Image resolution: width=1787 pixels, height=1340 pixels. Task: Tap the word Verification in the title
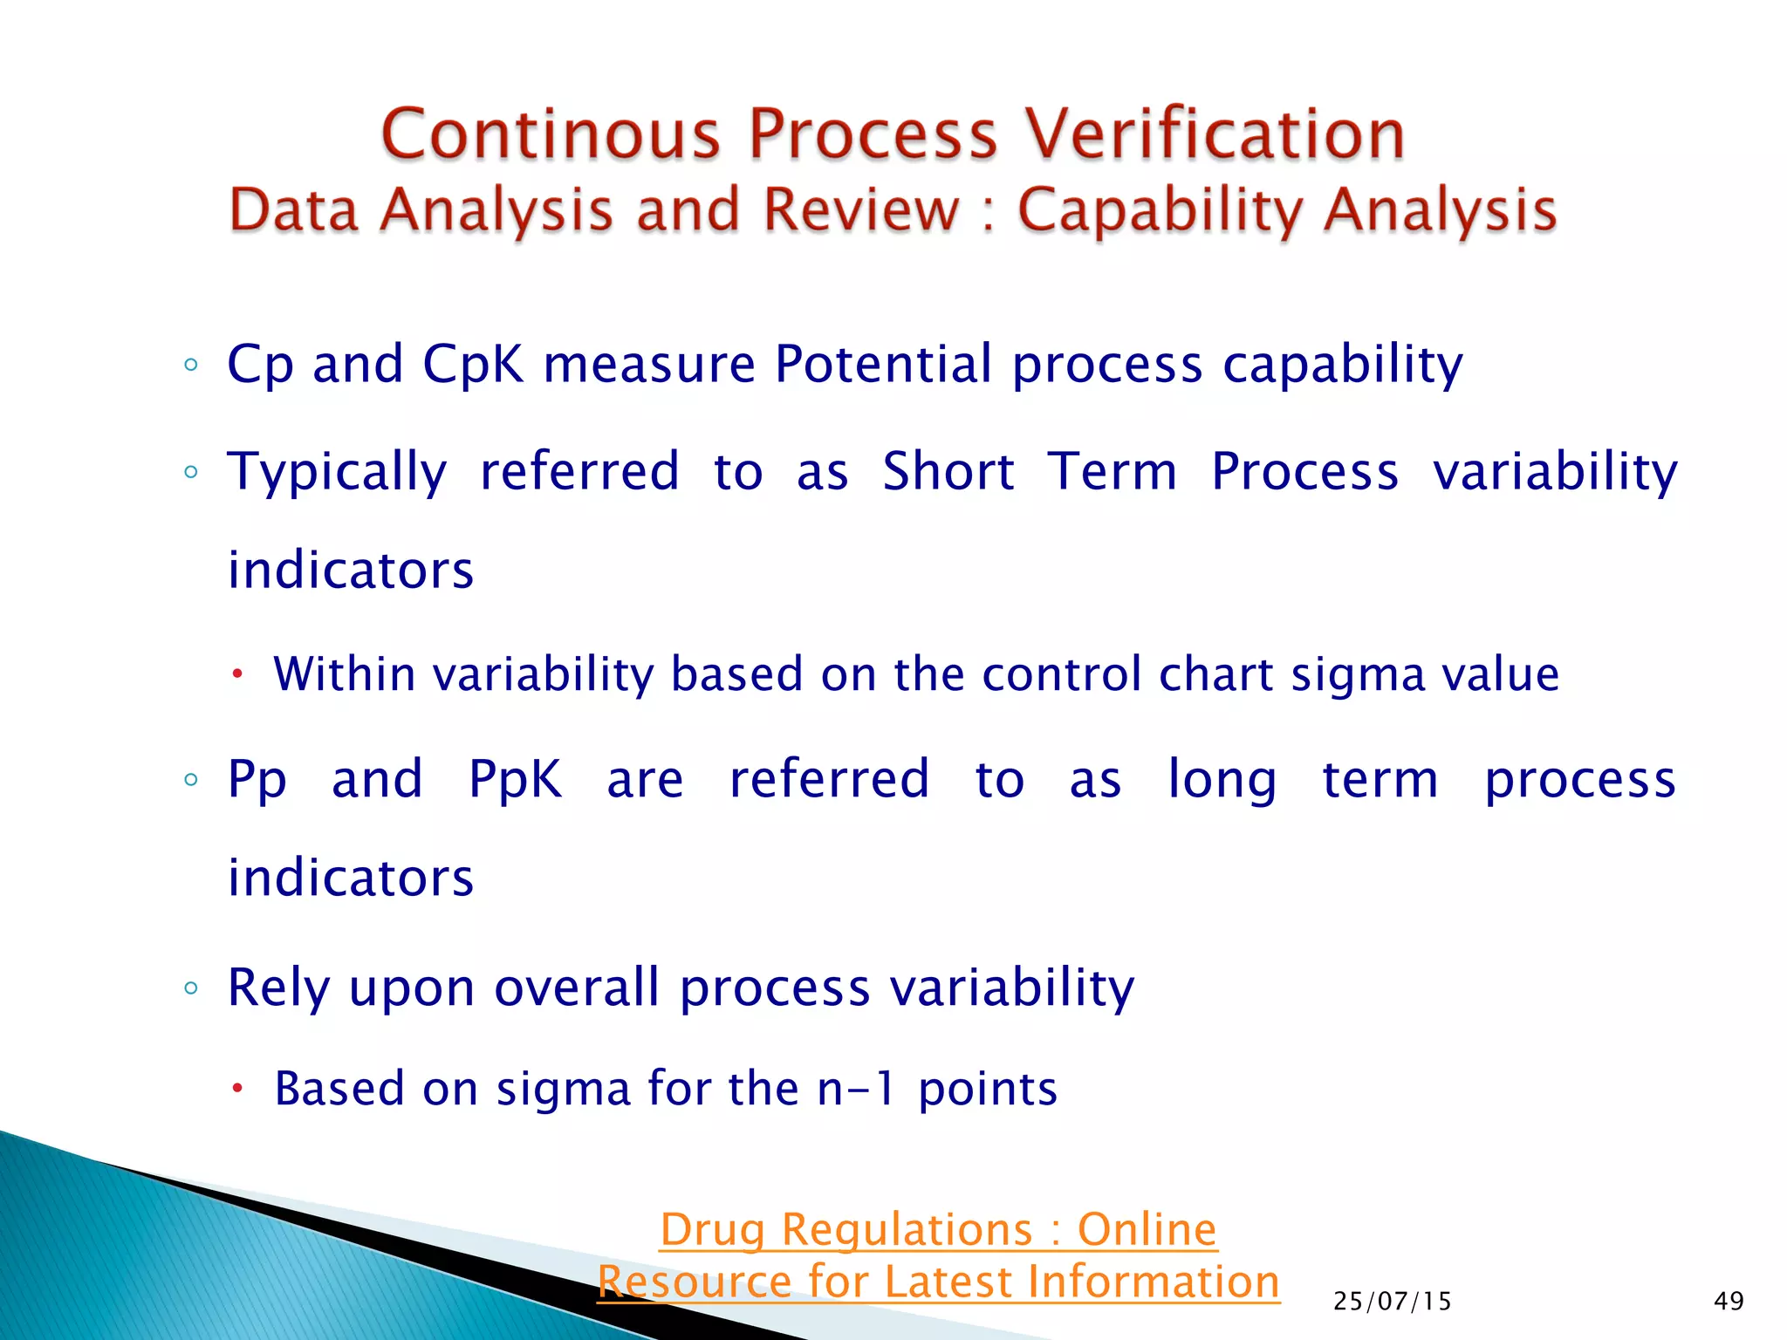1214,135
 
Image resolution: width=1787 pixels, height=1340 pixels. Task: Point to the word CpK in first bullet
473,364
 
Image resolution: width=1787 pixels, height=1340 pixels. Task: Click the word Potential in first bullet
883,364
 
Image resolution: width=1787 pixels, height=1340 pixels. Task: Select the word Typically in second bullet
337,472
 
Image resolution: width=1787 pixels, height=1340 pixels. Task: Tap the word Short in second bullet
948,472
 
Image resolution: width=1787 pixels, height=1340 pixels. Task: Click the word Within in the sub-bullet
345,674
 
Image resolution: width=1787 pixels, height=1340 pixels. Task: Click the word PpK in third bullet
515,779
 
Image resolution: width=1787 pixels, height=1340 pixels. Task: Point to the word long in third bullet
1222,779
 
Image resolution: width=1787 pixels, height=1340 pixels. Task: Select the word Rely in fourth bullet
278,988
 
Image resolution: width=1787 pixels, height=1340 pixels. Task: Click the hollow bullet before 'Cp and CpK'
191,366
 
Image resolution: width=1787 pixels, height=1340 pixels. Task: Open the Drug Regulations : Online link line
938,1230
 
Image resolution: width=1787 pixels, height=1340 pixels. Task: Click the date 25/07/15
1392,1302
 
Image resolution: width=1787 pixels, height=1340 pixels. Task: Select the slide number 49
1728,1302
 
